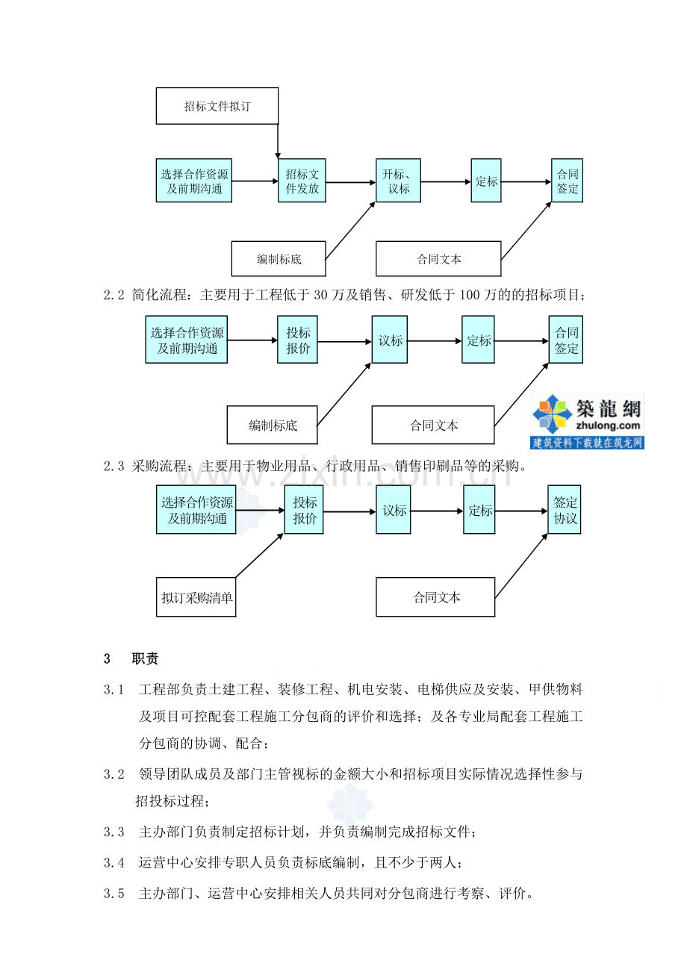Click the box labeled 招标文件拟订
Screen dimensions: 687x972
point(217,106)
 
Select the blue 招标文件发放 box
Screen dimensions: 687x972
point(302,181)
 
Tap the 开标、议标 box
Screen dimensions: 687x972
point(398,181)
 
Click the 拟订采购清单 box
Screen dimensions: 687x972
point(196,597)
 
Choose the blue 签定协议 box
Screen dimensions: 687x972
point(565,509)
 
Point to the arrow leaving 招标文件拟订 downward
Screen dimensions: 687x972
point(278,141)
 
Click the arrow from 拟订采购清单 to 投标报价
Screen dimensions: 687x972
point(260,555)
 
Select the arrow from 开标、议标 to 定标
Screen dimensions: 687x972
point(446,182)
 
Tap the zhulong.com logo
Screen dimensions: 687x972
point(587,421)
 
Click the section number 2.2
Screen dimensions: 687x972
point(114,296)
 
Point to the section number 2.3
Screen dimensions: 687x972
point(114,467)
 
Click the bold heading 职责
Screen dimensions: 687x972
point(145,658)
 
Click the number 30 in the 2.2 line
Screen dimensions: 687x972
point(320,296)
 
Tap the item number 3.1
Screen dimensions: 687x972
point(114,690)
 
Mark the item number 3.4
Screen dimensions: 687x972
point(114,863)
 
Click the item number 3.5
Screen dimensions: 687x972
point(114,894)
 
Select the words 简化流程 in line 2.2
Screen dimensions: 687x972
point(159,296)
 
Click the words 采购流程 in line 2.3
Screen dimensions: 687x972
point(159,467)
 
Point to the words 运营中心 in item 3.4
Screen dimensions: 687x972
point(167,863)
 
